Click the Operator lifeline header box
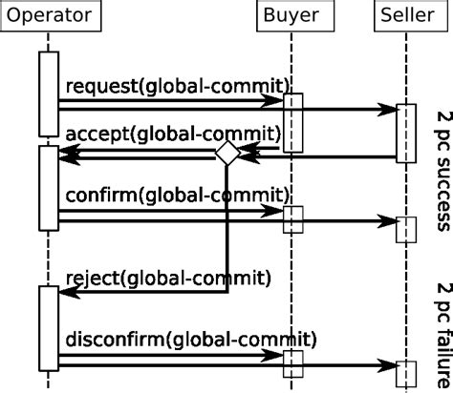tap(49, 16)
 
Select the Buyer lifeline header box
tap(292, 16)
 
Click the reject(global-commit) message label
tap(168, 278)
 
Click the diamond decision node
tap(226, 153)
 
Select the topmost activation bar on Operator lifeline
tap(49, 93)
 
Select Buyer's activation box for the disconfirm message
tap(293, 363)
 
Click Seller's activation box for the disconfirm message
tap(406, 375)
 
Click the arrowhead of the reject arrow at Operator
tap(65, 294)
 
